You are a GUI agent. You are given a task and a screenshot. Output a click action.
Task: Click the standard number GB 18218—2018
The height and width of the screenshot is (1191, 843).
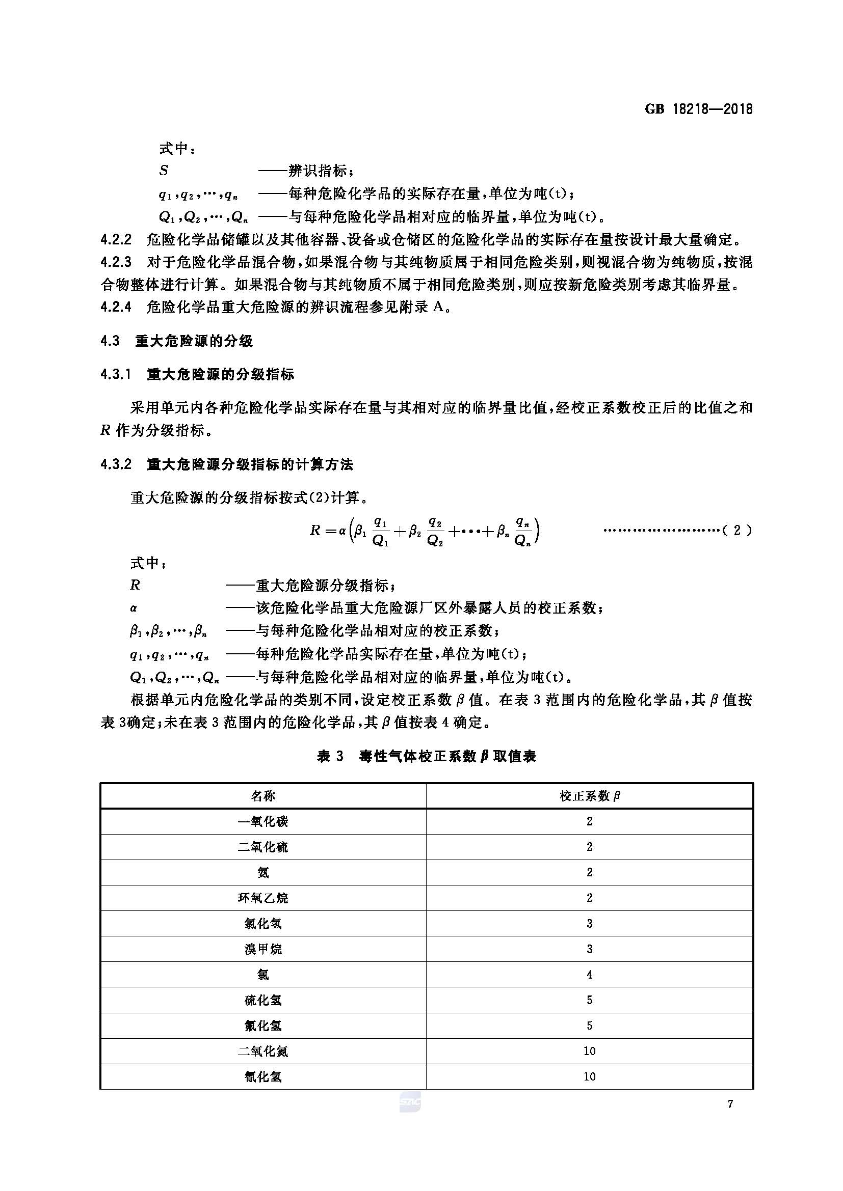coord(699,109)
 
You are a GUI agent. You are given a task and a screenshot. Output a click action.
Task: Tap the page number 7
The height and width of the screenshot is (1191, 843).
coord(730,1104)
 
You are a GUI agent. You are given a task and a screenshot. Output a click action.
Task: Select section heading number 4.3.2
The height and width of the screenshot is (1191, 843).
coord(116,464)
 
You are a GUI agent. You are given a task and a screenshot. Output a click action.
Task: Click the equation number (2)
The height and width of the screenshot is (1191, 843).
coord(736,530)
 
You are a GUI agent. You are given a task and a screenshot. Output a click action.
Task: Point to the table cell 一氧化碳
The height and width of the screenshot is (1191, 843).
coord(262,822)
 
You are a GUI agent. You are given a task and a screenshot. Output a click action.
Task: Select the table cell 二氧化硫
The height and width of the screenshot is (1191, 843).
coord(262,847)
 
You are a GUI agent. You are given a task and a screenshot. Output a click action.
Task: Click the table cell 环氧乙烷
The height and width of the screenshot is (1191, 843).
coord(262,898)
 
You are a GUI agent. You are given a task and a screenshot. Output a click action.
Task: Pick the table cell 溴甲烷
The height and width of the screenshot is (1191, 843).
coord(262,949)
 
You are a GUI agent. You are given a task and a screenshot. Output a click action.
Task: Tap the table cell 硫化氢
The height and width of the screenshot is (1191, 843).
coord(262,1000)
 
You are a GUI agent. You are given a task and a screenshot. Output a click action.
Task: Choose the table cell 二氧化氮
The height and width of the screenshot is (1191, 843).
coord(262,1051)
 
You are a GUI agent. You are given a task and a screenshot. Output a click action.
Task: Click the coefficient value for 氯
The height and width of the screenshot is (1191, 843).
coord(589,975)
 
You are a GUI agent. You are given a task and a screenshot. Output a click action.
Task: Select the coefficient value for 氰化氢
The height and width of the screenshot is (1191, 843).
coord(589,1076)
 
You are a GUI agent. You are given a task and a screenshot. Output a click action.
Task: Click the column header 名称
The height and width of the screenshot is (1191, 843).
coord(262,796)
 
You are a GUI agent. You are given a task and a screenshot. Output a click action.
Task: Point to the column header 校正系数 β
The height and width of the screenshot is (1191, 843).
coord(589,796)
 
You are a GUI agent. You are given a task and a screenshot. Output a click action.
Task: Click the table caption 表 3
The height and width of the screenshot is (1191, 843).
coord(330,756)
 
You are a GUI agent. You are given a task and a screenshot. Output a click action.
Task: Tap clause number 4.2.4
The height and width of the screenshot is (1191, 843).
coord(116,307)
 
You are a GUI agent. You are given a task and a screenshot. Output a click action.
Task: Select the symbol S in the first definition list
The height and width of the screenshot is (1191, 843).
coord(164,170)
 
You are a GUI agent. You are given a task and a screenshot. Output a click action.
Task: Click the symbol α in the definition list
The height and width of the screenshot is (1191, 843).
coord(134,608)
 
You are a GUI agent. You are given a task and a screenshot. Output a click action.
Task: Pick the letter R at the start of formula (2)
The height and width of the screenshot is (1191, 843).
coord(315,530)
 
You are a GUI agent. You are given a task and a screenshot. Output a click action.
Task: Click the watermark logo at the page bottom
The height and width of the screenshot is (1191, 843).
coord(410,1102)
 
